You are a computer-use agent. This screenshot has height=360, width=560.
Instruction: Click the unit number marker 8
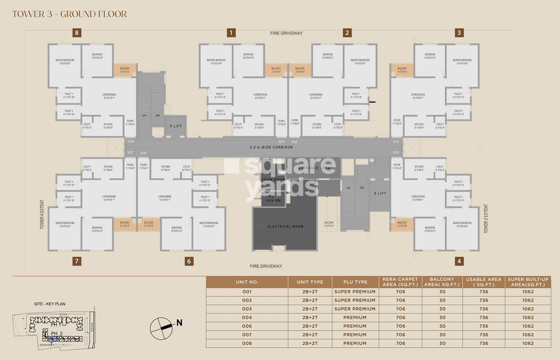(77, 33)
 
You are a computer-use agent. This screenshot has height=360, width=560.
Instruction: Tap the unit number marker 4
(459, 261)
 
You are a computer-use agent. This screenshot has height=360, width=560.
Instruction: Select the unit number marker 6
(189, 261)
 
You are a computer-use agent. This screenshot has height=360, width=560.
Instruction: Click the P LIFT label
(176, 126)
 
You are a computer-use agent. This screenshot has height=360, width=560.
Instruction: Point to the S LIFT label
(380, 193)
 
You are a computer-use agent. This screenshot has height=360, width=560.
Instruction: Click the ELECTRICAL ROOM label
(285, 227)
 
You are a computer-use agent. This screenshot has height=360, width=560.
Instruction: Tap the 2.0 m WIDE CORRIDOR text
(271, 147)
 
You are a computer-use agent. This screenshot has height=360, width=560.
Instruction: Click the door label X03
(395, 142)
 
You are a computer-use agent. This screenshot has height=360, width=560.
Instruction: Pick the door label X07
(130, 153)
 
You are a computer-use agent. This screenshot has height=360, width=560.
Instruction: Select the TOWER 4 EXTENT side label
(42, 214)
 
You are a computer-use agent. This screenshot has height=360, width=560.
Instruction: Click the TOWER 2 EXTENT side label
(485, 219)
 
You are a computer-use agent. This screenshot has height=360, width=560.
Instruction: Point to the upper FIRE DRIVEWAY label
(286, 33)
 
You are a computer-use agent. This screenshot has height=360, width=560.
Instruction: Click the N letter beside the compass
(179, 323)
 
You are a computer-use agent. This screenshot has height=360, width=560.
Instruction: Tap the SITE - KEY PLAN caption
(50, 304)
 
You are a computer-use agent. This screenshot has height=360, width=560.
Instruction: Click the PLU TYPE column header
(355, 282)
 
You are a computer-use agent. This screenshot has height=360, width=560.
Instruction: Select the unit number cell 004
(247, 318)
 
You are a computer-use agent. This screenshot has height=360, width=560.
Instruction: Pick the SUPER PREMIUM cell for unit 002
(355, 300)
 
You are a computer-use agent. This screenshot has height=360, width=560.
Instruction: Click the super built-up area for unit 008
(528, 344)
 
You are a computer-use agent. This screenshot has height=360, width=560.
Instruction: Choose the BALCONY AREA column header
(442, 282)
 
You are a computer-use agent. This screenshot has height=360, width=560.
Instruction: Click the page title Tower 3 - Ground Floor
(70, 14)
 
